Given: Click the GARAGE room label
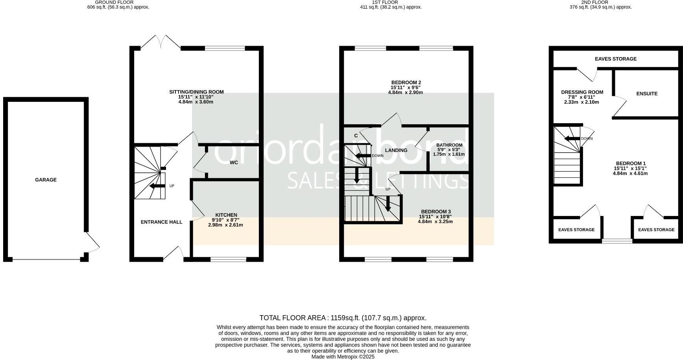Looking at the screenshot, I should (46, 180).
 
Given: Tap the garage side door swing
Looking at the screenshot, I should (93, 243).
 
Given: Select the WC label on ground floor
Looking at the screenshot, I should (234, 162).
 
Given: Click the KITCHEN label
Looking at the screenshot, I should (226, 215).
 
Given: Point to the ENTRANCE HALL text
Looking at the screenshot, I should (161, 222).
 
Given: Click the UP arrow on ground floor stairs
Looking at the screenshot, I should (157, 186).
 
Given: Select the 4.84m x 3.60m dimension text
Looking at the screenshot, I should (196, 102).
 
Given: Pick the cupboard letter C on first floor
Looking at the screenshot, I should (356, 136).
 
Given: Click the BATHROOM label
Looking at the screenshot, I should (449, 145).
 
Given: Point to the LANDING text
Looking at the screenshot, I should (396, 150).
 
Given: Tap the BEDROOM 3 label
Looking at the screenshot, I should (435, 212).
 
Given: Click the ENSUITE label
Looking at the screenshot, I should (647, 94).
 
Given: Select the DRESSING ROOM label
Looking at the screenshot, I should (582, 92).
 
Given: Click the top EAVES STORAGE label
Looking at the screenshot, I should (615, 59).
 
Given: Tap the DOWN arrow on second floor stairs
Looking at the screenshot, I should (571, 138).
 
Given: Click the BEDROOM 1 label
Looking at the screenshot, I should (631, 164).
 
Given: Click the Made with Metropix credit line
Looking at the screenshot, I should (343, 357).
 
